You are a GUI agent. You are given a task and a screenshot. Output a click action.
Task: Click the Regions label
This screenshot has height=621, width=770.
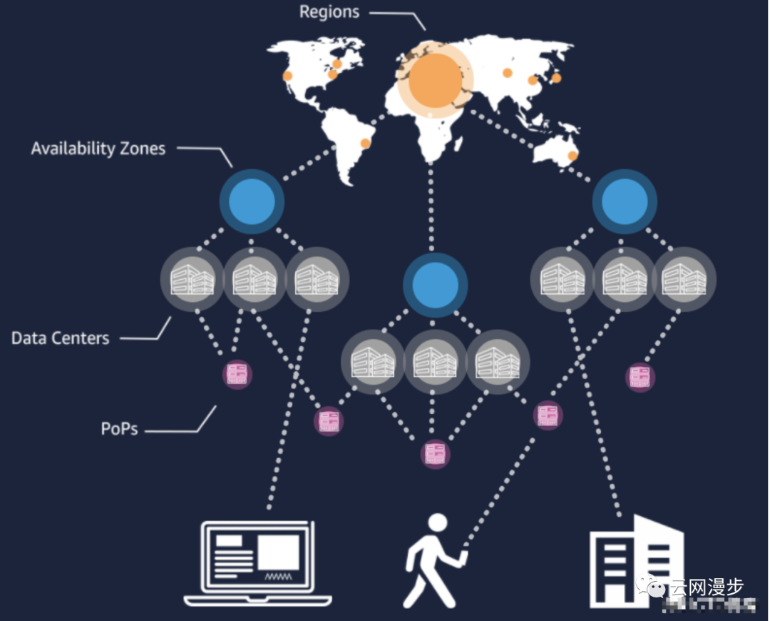pos(329,12)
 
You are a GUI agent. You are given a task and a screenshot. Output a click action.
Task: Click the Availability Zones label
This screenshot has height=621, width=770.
pos(98,149)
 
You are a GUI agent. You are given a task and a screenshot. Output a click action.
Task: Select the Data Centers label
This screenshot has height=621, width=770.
pos(61,338)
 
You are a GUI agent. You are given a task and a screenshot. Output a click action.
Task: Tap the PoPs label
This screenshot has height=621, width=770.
pos(119,429)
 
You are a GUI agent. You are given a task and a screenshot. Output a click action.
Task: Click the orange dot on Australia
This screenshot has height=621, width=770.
pos(572,156)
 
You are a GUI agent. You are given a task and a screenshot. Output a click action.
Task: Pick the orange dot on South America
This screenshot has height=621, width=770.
pos(366,143)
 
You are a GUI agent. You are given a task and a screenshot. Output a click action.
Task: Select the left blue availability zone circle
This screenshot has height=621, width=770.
pos(252,201)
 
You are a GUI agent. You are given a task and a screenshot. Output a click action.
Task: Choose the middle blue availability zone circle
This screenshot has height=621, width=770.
pos(435,284)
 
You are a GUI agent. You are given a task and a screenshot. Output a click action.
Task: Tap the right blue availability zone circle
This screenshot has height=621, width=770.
pos(625,201)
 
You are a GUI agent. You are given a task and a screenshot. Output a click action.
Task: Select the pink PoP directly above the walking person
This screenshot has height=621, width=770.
pos(435,453)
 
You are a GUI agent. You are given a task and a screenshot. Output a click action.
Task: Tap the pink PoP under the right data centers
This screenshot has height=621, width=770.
pos(640,376)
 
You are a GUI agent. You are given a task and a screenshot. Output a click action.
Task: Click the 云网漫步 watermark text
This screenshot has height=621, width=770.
pos(705,587)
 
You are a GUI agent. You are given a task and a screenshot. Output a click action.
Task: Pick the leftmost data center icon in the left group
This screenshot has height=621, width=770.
pos(192,278)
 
